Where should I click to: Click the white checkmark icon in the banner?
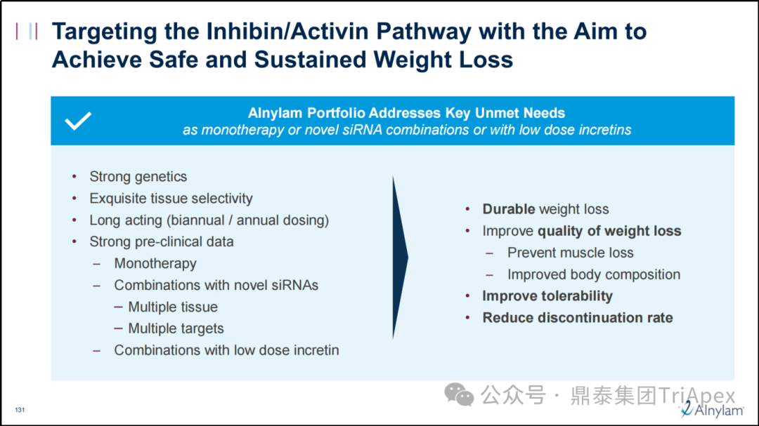[78, 121]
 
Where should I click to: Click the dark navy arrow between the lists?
[400, 258]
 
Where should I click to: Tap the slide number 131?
[20, 410]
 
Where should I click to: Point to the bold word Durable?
[509, 209]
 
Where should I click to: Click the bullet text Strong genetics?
[138, 177]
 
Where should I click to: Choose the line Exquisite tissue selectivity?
[171, 198]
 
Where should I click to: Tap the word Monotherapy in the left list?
[155, 263]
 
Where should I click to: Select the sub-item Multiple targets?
[176, 329]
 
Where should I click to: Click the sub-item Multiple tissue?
[173, 307]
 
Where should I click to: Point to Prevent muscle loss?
[570, 253]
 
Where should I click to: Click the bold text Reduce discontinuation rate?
[578, 318]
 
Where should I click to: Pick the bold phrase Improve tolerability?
[547, 296]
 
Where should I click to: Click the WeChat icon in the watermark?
[459, 394]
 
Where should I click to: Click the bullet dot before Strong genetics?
[74, 177]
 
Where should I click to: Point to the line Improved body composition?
[593, 274]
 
